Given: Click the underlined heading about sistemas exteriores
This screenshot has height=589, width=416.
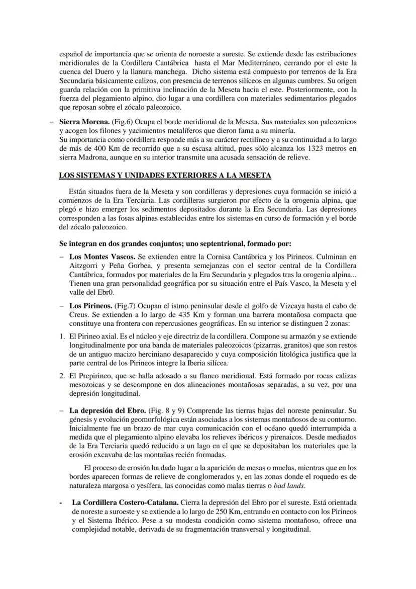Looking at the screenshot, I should (165, 175).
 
